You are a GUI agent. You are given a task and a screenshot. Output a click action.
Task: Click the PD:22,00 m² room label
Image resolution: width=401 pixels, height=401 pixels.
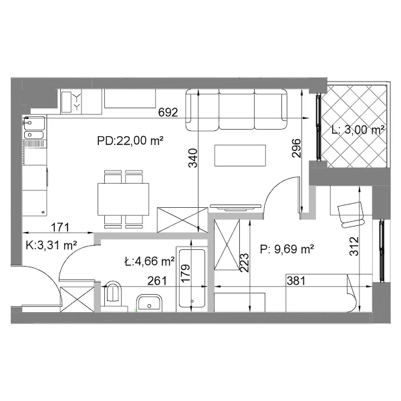[x=130, y=140]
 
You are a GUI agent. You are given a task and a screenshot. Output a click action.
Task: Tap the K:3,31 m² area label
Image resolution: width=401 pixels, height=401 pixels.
[x=51, y=245]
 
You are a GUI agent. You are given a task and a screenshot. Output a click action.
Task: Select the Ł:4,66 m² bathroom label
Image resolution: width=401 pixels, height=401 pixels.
[x=150, y=261]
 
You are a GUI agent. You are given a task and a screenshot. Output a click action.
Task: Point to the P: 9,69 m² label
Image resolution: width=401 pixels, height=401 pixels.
[x=287, y=249]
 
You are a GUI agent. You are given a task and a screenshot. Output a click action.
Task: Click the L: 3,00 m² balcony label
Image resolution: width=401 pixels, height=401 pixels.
[x=358, y=130]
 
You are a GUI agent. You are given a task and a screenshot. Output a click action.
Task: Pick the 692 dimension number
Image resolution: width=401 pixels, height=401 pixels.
[x=168, y=112]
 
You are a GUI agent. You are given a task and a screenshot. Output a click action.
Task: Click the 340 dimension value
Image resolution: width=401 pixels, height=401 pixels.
[x=193, y=158]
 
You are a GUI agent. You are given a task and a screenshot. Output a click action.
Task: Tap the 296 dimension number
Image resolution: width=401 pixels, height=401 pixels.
[x=296, y=148]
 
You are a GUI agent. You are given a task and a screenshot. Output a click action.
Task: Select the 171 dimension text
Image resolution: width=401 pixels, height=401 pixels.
[x=60, y=227]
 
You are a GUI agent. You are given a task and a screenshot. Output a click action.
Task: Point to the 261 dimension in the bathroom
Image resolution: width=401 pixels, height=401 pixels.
[x=157, y=281]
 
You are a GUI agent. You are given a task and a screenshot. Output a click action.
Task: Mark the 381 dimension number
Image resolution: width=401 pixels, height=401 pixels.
[x=296, y=281]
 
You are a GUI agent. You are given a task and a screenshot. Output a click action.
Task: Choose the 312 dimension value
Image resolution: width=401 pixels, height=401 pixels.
[x=354, y=247]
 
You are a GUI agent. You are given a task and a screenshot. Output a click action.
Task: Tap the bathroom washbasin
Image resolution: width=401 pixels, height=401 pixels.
[x=149, y=303]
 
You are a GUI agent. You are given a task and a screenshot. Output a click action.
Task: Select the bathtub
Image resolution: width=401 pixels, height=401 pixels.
[x=192, y=279]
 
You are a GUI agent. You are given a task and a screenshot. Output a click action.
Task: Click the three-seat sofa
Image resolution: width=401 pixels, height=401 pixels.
[x=237, y=110]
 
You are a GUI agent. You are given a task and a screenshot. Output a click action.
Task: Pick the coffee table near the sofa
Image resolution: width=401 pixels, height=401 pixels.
[x=240, y=156]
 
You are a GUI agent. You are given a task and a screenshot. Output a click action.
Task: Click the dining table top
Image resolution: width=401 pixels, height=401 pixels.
[x=123, y=199]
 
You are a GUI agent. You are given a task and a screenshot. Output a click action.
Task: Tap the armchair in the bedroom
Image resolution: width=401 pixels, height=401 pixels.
[x=351, y=215]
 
